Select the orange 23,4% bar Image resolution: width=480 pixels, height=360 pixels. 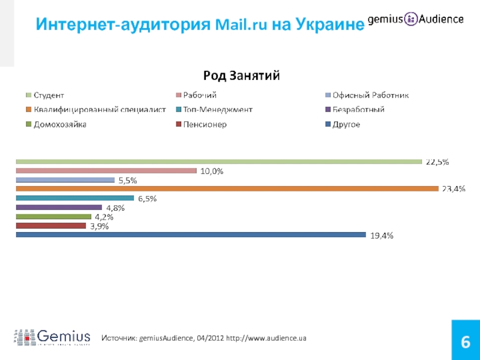click(227, 189)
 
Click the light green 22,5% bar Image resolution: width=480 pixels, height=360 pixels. click(218, 161)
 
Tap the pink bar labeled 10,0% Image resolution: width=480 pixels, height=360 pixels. click(106, 170)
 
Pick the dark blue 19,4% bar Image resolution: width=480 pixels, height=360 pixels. click(191, 235)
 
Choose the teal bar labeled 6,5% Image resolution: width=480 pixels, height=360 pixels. click(74, 198)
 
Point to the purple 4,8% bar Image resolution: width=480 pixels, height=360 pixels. click(59, 208)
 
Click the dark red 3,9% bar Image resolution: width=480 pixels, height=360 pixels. click(51, 226)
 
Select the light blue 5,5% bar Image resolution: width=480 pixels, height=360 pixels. click(65, 180)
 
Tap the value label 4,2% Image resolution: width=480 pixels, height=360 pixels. click(104, 217)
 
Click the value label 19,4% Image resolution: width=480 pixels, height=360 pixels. click(382, 236)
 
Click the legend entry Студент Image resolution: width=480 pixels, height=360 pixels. click(49, 95)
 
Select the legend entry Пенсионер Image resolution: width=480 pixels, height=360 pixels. click(205, 124)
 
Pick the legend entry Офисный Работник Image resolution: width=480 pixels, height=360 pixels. click(370, 95)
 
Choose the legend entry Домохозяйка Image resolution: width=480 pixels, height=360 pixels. click(60, 124)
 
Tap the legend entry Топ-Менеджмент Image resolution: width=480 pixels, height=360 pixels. click(218, 110)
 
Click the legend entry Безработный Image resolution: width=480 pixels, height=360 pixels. click(358, 110)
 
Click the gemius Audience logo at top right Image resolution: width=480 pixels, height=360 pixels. click(415, 19)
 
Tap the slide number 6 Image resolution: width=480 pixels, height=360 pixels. click(464, 343)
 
